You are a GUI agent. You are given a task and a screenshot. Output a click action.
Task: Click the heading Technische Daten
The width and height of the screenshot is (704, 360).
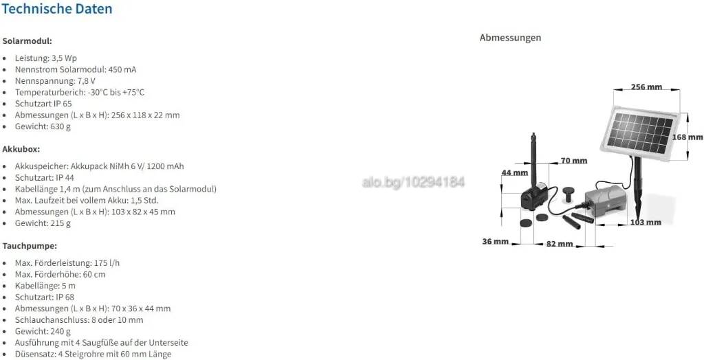pyautogui.click(x=56, y=8)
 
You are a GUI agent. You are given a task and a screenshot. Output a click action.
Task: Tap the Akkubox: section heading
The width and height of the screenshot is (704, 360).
pyautogui.click(x=21, y=149)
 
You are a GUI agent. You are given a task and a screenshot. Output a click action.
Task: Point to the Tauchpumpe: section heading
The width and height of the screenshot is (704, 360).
pyautogui.click(x=30, y=246)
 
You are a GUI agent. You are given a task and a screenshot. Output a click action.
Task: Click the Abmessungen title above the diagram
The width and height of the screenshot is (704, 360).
pyautogui.click(x=510, y=38)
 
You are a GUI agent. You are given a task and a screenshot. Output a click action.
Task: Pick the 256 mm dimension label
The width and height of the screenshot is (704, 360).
pyautogui.click(x=646, y=87)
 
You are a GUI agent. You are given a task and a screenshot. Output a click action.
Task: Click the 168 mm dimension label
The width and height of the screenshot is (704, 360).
pyautogui.click(x=687, y=137)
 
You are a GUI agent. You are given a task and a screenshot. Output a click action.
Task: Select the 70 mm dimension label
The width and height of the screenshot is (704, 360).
pyautogui.click(x=574, y=160)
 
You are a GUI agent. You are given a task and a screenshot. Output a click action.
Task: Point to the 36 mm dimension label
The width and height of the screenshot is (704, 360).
pyautogui.click(x=495, y=242)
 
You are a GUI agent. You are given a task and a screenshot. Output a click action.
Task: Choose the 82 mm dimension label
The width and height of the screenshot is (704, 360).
pyautogui.click(x=560, y=244)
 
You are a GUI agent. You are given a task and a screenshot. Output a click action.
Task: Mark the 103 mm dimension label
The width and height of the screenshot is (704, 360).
pyautogui.click(x=646, y=222)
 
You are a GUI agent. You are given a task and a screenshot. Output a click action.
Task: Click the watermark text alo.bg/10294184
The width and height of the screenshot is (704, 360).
pyautogui.click(x=412, y=182)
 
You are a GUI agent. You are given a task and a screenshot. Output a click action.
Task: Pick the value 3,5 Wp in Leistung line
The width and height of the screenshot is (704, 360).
pyautogui.click(x=64, y=58)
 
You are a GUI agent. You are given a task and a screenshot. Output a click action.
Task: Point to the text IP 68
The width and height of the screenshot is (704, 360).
pyautogui.click(x=65, y=297)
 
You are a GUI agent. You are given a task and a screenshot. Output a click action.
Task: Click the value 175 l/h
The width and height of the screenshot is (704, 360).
pyautogui.click(x=107, y=263)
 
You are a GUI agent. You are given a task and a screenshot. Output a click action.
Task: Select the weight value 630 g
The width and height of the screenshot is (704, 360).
pyautogui.click(x=60, y=126)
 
